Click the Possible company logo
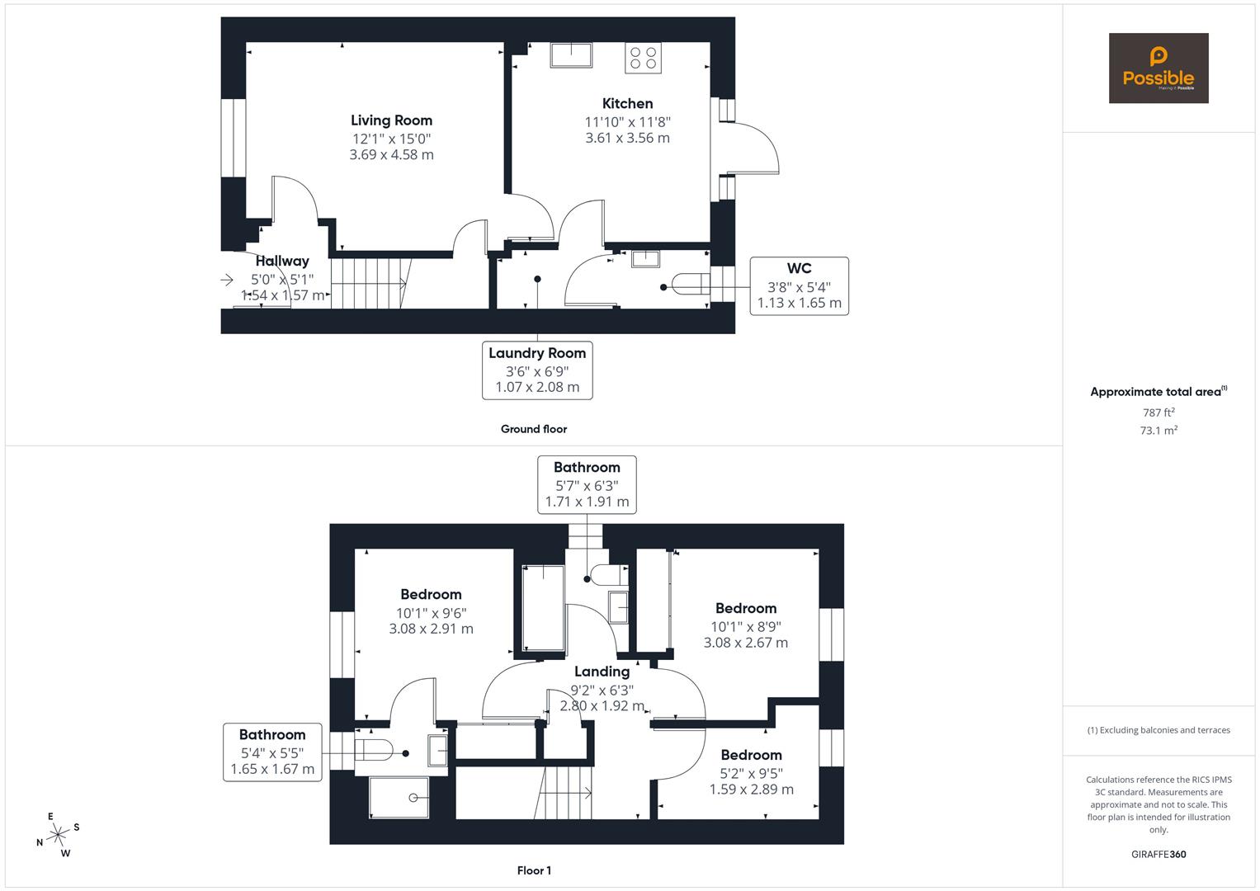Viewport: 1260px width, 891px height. [x=1158, y=68]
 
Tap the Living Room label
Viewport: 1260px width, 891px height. [x=391, y=120]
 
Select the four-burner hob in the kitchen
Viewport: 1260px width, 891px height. [x=643, y=57]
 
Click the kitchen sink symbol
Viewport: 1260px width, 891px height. [x=571, y=54]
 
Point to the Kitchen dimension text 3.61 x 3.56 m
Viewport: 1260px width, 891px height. [x=627, y=138]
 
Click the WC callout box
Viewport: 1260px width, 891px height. [x=799, y=285]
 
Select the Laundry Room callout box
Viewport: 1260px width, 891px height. [x=537, y=370]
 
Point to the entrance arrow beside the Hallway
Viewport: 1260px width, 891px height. [x=227, y=280]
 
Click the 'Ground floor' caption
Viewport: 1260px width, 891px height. [x=533, y=429]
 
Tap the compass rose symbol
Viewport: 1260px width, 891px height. [x=58, y=835]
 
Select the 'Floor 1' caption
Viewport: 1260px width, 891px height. [x=533, y=870]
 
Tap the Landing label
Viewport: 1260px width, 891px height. [x=602, y=672]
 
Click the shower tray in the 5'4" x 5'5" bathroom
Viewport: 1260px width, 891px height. [x=399, y=797]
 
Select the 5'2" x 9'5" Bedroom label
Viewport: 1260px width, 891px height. [x=751, y=755]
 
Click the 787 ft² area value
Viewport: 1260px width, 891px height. [x=1158, y=412]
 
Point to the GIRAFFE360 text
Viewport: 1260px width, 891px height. [x=1158, y=854]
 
